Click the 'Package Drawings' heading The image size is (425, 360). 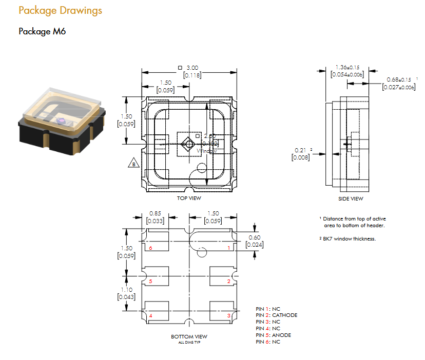click(x=60, y=11)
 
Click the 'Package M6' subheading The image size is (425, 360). click(x=42, y=31)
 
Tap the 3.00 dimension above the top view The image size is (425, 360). click(x=192, y=68)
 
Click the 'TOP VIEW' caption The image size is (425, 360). click(x=189, y=198)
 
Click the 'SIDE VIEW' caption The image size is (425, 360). click(x=351, y=198)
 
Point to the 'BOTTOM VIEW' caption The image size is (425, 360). click(x=189, y=336)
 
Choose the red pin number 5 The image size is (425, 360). click(x=150, y=282)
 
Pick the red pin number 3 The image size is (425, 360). click(x=228, y=315)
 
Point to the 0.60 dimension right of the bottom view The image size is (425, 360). click(x=254, y=237)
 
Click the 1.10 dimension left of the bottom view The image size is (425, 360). click(x=126, y=290)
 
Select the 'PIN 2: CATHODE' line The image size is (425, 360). click(x=276, y=315)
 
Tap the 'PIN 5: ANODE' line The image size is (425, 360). click(x=273, y=335)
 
